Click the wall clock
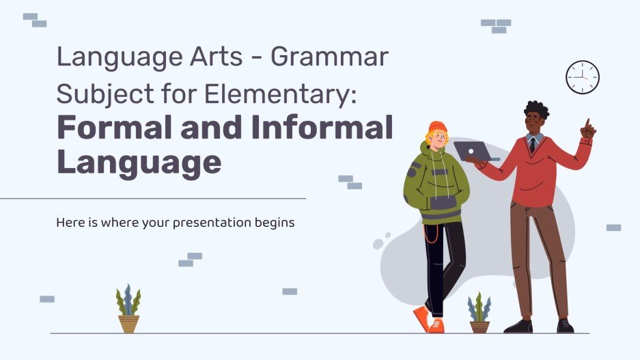[582, 78]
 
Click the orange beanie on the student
[437, 128]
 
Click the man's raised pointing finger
[586, 124]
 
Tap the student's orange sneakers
[429, 319]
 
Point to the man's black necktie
[532, 144]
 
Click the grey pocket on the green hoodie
[443, 202]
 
